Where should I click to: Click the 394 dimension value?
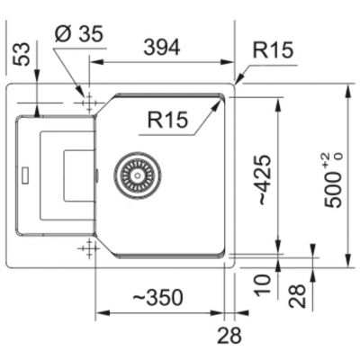162,48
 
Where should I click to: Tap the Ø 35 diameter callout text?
79,33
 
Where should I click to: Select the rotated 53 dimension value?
22,54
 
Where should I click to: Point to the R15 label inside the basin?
167,120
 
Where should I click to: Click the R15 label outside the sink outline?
273,49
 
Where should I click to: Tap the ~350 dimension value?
157,298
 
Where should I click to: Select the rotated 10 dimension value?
263,285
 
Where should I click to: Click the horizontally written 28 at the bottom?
229,335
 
